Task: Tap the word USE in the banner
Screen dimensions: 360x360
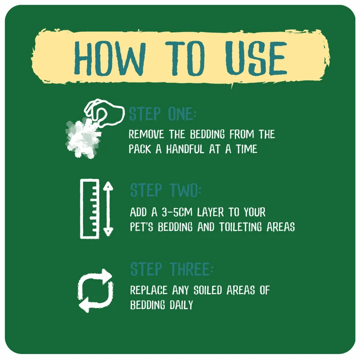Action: [256, 58]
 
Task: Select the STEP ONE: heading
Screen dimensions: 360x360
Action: [162, 114]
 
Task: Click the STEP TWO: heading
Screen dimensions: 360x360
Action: [165, 190]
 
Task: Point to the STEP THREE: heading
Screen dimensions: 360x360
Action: [171, 269]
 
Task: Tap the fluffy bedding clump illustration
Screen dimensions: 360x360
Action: [83, 137]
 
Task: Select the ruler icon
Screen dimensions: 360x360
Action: [90, 209]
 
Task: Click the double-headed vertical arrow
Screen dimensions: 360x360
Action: [108, 209]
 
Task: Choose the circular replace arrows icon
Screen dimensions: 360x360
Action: [95, 291]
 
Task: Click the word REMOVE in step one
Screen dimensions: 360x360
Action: [146, 134]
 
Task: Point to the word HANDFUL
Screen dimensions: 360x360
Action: [185, 149]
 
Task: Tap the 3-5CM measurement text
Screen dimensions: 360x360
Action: [177, 212]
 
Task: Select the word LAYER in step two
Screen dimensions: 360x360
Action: [210, 212]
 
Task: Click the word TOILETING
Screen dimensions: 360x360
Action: [240, 227]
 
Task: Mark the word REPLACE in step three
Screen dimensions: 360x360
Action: [149, 290]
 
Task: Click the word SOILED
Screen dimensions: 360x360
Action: [208, 290]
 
